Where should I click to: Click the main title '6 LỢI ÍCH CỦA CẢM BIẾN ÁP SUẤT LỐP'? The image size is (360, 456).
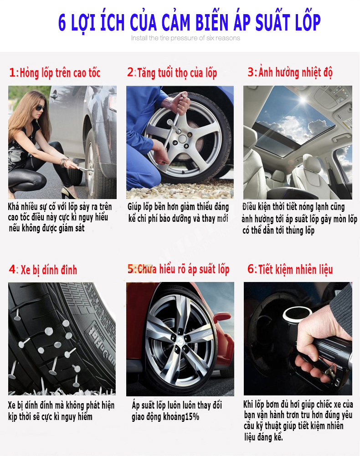tap(189, 23)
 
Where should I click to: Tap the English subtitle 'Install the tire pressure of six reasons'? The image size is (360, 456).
tap(185, 38)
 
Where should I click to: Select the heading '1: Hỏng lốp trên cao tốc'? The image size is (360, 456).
tap(55, 73)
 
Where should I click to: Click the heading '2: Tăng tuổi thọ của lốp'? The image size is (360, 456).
tap(172, 73)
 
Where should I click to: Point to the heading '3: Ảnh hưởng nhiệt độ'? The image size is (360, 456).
tap(290, 72)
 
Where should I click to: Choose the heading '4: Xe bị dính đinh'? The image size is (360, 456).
tap(43, 270)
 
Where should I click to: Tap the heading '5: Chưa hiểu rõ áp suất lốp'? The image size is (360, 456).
tap(178, 269)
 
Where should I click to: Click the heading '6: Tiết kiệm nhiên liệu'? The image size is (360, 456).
tap(290, 269)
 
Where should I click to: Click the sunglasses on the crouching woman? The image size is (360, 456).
tap(40, 108)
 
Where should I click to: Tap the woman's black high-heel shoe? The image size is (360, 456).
tap(69, 193)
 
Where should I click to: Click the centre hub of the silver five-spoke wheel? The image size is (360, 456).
tap(182, 139)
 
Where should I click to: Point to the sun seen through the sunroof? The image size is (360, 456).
tap(303, 100)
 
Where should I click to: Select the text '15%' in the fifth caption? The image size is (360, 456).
tap(192, 417)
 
